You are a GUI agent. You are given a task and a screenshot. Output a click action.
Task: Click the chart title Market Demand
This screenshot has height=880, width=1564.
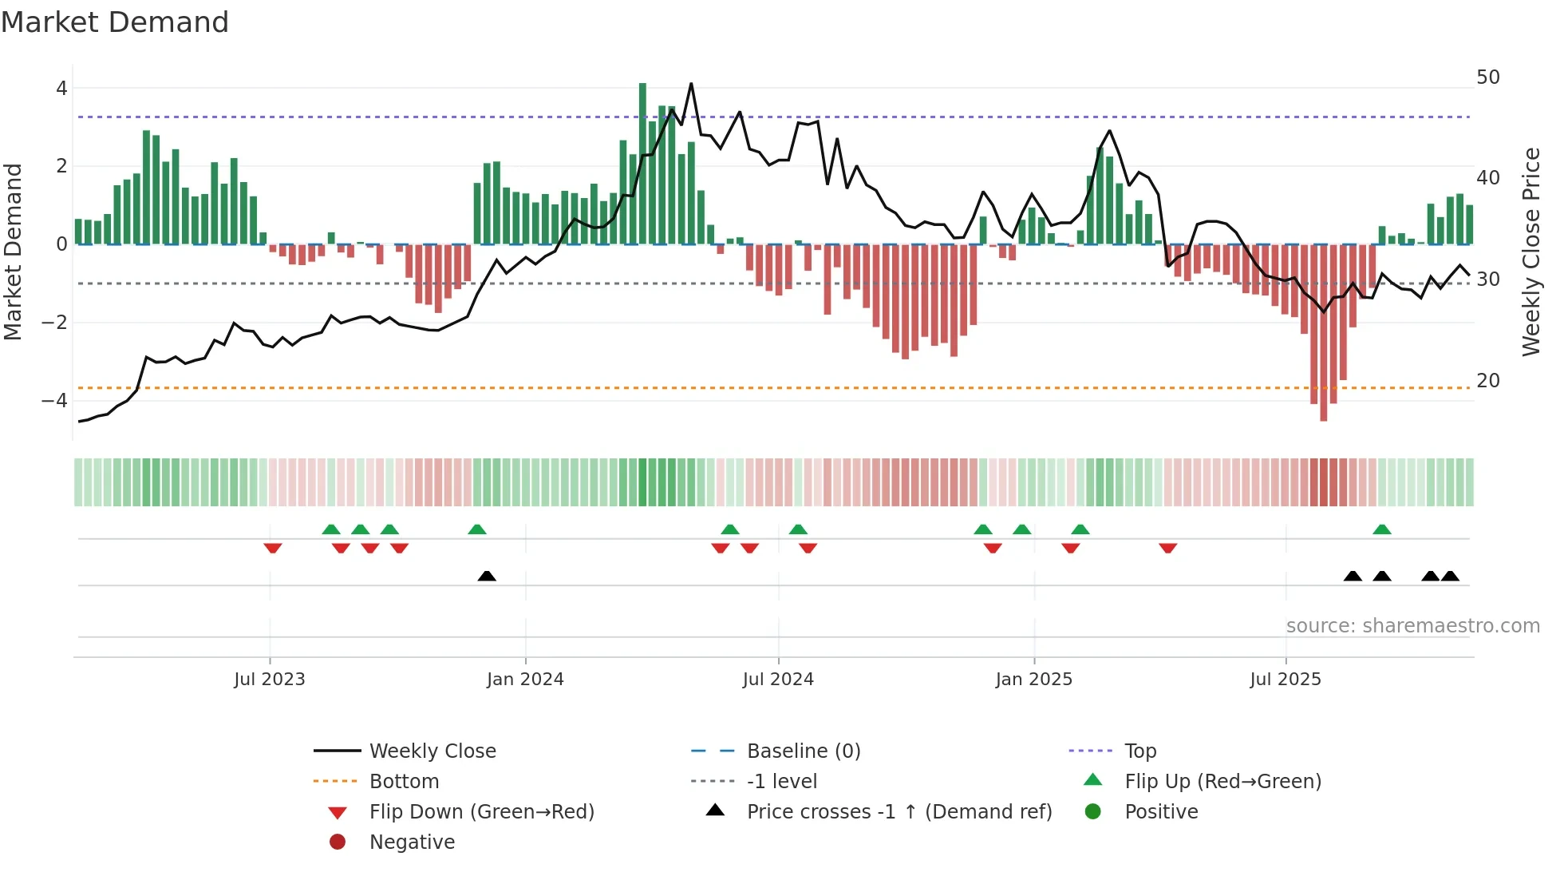click(x=115, y=22)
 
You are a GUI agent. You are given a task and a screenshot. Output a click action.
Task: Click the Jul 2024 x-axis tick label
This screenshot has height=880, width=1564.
click(x=778, y=680)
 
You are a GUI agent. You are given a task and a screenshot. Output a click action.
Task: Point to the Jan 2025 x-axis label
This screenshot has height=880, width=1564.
click(x=1034, y=680)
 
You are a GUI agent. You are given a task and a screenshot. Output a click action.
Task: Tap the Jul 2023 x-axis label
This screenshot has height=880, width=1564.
click(x=270, y=680)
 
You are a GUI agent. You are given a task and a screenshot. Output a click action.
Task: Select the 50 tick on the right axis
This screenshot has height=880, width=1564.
click(x=1488, y=77)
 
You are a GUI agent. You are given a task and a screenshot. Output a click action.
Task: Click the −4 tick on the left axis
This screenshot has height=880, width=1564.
click(x=55, y=400)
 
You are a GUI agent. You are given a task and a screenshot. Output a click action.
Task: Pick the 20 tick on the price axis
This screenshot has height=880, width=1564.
click(x=1488, y=381)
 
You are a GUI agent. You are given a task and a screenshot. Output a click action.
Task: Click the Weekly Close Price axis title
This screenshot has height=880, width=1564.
click(x=1530, y=252)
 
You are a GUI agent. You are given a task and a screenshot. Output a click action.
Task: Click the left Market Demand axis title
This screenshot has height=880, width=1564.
click(x=14, y=252)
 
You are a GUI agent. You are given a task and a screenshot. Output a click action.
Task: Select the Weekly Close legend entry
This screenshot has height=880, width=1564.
click(x=432, y=751)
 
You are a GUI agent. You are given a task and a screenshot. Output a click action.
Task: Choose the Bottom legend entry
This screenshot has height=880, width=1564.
click(x=404, y=782)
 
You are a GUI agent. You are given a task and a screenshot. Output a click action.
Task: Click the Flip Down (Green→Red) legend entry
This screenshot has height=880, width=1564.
click(x=481, y=812)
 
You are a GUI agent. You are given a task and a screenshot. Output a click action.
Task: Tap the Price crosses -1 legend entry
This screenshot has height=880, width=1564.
click(x=899, y=812)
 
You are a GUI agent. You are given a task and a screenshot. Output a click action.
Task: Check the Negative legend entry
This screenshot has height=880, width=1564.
click(x=412, y=842)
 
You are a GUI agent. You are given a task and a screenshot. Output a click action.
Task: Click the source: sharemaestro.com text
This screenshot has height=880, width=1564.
click(x=1412, y=626)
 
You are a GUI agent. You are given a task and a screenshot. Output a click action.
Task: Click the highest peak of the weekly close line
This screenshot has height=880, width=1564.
click(x=691, y=84)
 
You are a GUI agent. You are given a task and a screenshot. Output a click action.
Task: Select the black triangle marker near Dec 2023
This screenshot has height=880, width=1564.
click(x=487, y=576)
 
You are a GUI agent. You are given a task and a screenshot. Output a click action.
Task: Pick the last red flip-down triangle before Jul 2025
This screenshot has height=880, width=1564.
click(x=1168, y=548)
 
